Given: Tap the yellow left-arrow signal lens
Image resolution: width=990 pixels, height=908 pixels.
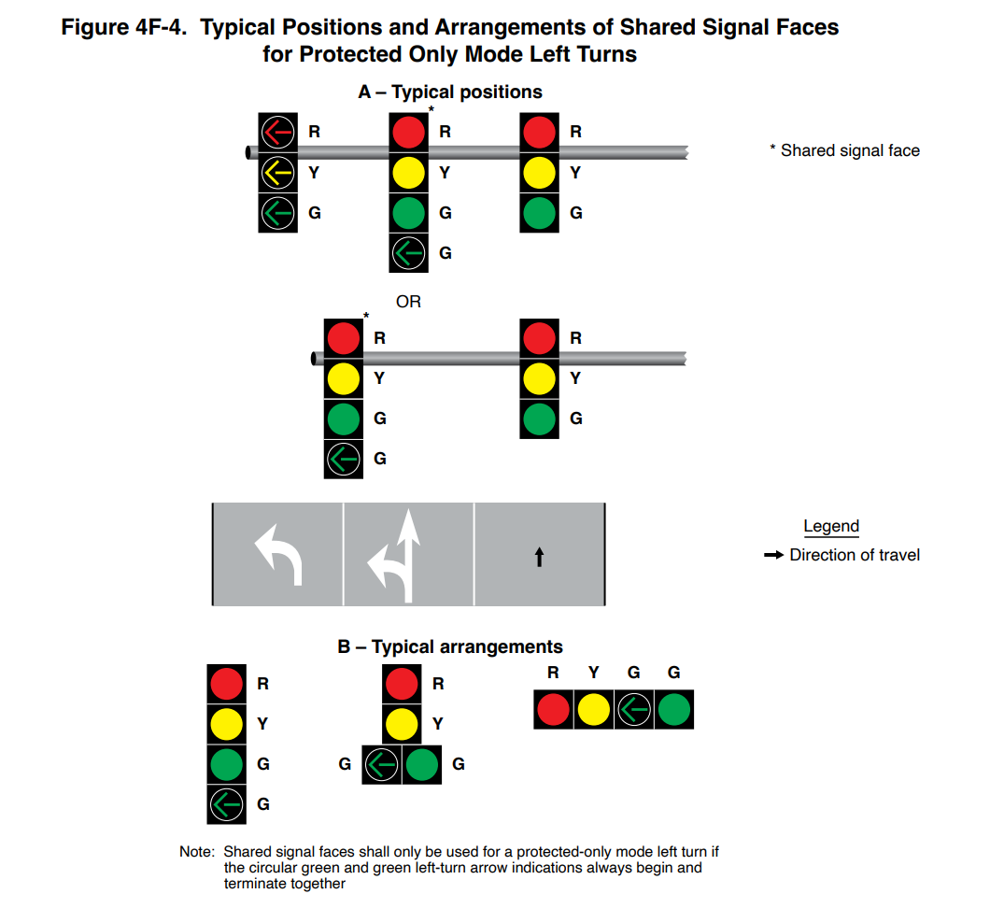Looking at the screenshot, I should tap(277, 173).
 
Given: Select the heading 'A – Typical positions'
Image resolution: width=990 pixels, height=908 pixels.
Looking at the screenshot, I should tap(450, 92).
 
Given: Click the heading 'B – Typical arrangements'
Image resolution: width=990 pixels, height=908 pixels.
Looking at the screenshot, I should tap(450, 646).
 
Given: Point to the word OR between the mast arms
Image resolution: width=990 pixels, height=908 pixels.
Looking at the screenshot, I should tap(408, 302).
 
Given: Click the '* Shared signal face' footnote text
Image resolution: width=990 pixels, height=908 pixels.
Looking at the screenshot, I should tap(844, 150).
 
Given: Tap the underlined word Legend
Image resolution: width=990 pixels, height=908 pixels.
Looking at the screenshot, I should tap(830, 527).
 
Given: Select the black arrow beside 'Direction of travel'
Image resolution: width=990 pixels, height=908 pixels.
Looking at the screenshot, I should tap(773, 555).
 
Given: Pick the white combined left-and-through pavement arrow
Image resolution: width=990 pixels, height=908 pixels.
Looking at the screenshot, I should tap(398, 555).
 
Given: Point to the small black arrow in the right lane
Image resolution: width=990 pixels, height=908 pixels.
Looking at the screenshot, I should tap(539, 557).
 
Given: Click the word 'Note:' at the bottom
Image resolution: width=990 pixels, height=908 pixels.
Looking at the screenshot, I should tap(197, 852).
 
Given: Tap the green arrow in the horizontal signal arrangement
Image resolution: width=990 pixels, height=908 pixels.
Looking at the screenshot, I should tap(634, 710).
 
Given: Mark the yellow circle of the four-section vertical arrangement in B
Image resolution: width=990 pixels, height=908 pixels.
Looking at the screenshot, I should tap(227, 724).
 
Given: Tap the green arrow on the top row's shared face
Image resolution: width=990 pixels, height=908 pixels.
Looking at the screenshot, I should tap(408, 252).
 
